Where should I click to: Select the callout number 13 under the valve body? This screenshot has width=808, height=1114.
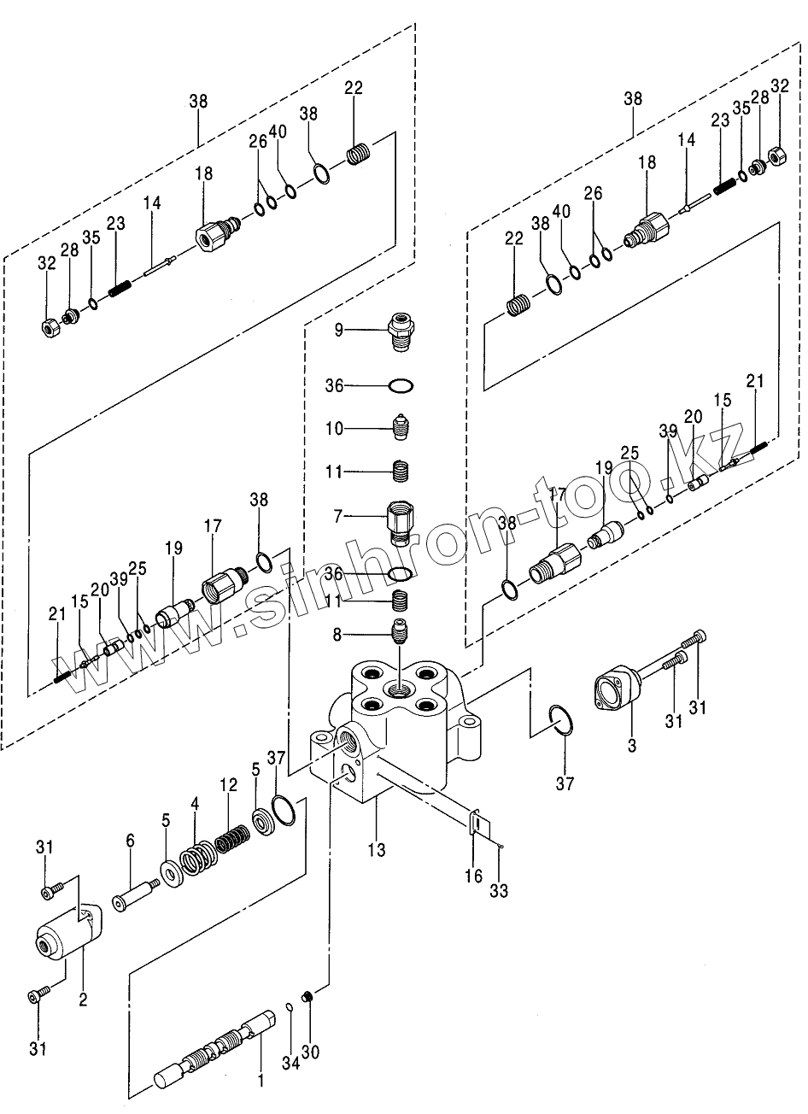click(377, 850)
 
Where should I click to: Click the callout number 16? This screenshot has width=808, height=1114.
click(475, 876)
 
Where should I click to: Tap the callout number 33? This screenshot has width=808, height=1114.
click(499, 891)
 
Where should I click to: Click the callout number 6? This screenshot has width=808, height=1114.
click(130, 841)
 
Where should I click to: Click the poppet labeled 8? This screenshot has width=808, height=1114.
click(400, 634)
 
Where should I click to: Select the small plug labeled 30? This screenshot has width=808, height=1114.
click(310, 996)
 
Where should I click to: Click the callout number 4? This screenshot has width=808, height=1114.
click(195, 803)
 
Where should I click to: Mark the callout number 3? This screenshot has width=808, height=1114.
click(632, 746)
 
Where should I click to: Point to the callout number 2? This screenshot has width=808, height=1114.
click(83, 999)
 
